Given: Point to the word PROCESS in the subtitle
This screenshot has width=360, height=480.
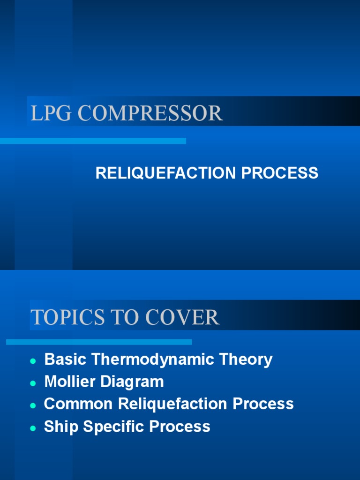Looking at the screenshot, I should [x=280, y=173].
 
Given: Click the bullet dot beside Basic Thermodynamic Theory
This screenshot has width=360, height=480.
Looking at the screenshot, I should [x=33, y=361].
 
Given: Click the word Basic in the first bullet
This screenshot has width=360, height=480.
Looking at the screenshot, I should [x=66, y=360].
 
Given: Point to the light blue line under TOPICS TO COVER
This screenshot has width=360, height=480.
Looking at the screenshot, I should [x=99, y=342].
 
